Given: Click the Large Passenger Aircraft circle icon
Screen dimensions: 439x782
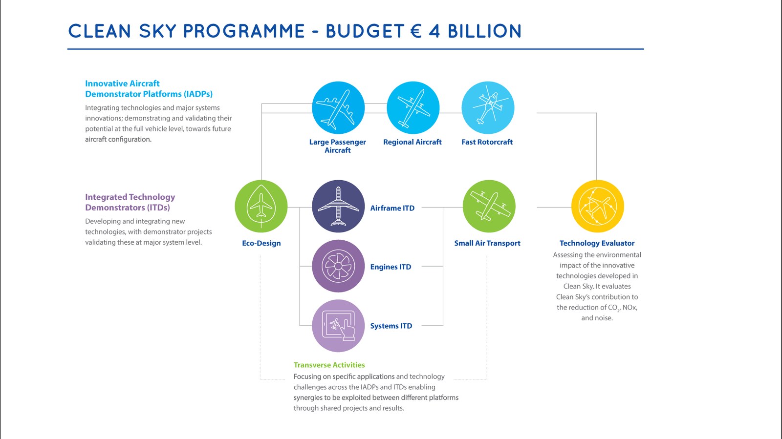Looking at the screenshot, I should (338, 108).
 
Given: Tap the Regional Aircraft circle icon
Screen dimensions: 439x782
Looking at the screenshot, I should (413, 108).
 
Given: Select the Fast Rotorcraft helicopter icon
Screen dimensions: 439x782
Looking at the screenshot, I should (488, 108).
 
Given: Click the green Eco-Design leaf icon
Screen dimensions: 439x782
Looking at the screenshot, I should (261, 206).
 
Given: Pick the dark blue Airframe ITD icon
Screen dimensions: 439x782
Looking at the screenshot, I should (338, 206).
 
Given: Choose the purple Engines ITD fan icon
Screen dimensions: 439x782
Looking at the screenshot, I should (338, 266).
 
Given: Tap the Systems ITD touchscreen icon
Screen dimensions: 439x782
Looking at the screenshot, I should (338, 326).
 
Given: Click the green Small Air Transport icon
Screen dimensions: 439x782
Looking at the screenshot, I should (489, 206).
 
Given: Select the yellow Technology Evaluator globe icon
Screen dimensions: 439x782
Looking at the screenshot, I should (597, 206).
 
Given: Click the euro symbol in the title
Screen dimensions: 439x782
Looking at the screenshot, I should (416, 31).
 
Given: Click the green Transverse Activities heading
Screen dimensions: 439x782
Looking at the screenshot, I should (329, 365).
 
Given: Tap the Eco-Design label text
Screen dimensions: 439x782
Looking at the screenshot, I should (261, 243).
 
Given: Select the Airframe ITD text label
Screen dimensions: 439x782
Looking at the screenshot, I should (392, 208).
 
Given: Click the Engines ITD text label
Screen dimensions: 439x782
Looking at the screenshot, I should (391, 267).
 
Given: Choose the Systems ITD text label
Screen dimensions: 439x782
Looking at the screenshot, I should (391, 326).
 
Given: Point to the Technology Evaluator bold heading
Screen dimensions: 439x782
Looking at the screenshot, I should (597, 243).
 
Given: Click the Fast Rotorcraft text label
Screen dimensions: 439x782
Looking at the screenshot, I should (487, 142).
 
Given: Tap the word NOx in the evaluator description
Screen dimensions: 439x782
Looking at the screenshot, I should (630, 308).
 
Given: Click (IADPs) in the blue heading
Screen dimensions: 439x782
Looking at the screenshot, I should (198, 94).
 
